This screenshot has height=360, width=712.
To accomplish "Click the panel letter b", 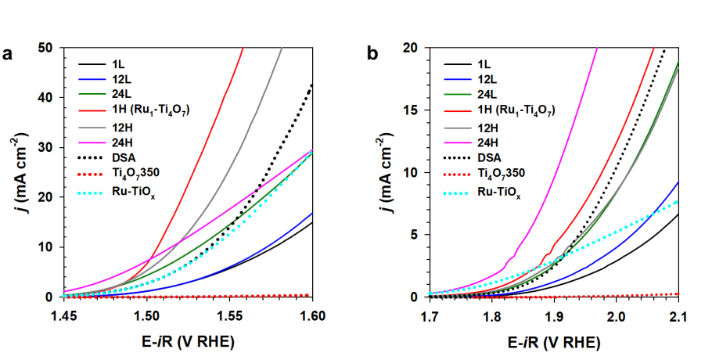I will click(x=372, y=54).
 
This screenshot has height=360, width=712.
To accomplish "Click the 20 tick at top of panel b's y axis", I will click(x=412, y=48).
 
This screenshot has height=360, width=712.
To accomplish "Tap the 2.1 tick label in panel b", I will click(x=678, y=315).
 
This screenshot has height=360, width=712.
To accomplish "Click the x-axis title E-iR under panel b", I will click(x=553, y=342).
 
